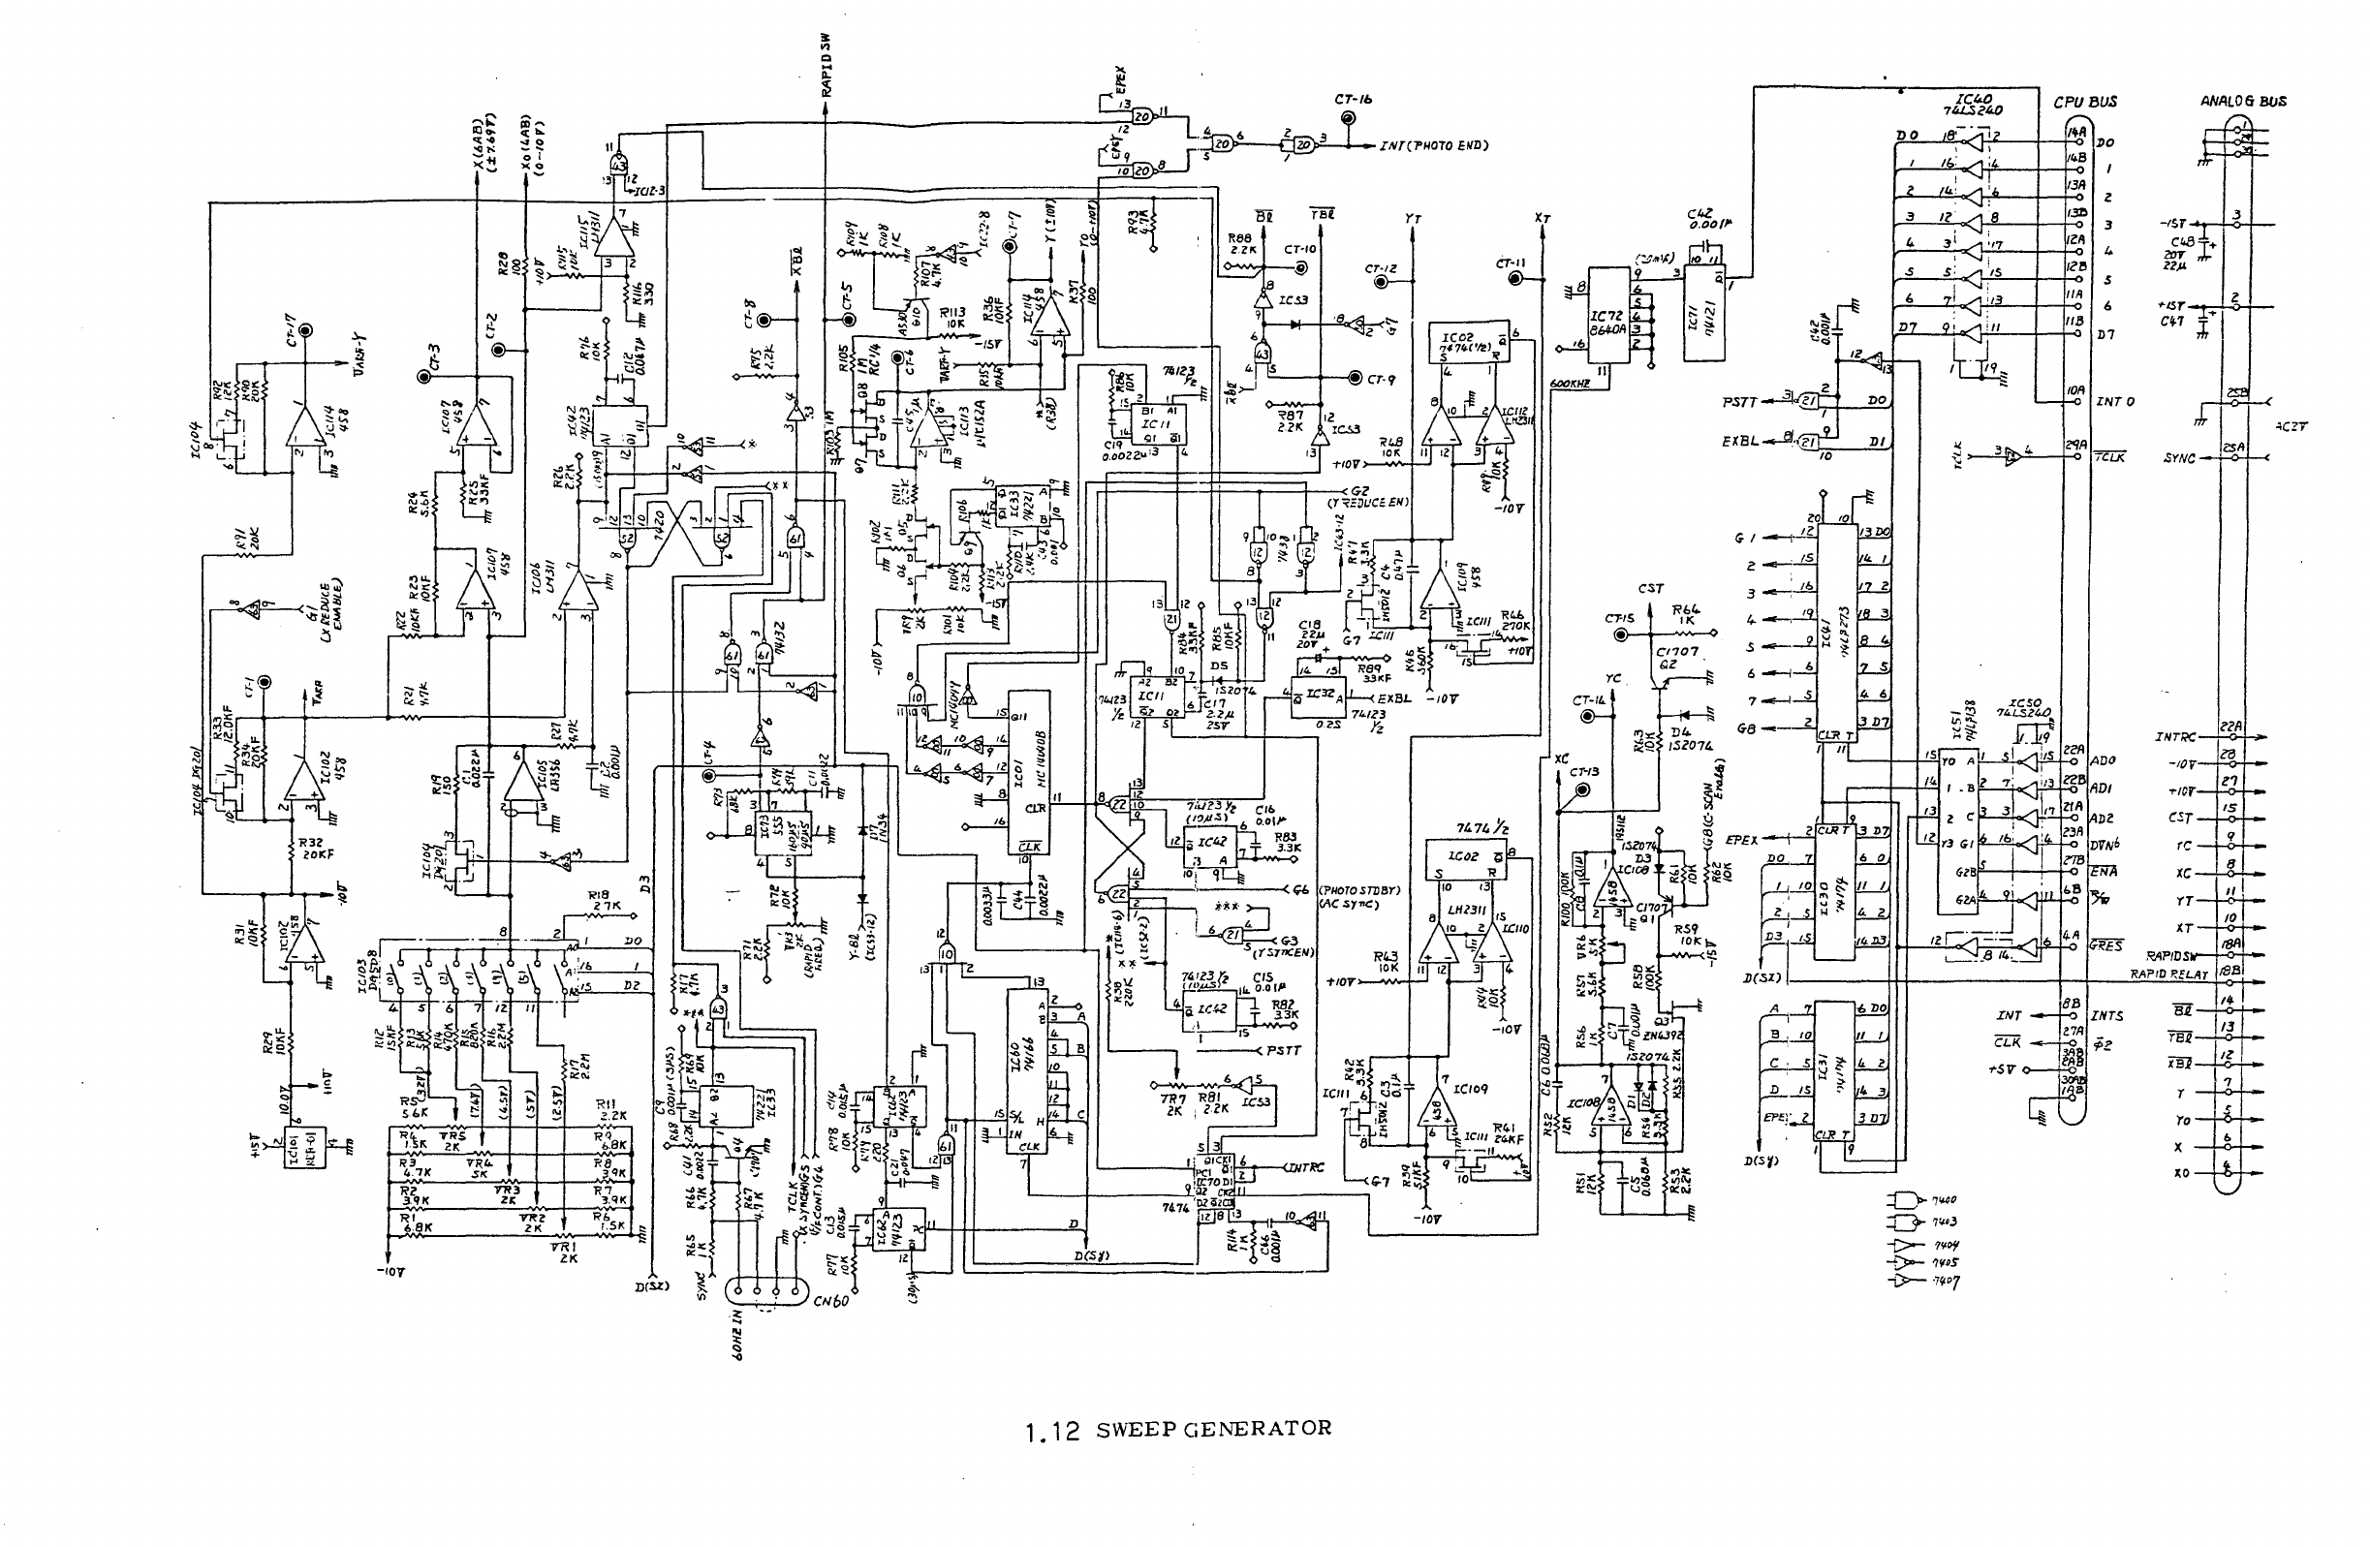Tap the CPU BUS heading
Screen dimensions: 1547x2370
pyautogui.click(x=2085, y=102)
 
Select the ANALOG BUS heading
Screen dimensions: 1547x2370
pyautogui.click(x=2243, y=101)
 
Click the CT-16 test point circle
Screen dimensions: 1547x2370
pyautogui.click(x=1349, y=119)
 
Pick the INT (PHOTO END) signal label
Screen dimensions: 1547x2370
pyautogui.click(x=1433, y=146)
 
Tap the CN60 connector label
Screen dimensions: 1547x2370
pyautogui.click(x=830, y=1301)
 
